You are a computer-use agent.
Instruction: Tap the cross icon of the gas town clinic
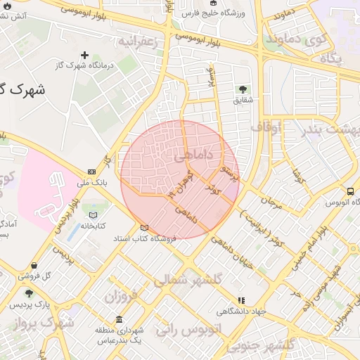[x=85, y=55]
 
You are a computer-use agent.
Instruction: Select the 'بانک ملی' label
[x=92, y=182]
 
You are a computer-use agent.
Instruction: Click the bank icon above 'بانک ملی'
[x=92, y=172]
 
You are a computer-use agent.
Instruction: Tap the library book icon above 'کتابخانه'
[x=94, y=215]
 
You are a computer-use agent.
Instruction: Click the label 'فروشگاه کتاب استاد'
[x=146, y=238]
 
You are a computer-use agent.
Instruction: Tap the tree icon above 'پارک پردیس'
[x=29, y=294]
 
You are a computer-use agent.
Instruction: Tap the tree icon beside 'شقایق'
[x=243, y=89]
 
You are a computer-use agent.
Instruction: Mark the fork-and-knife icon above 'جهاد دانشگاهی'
[x=242, y=300]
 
